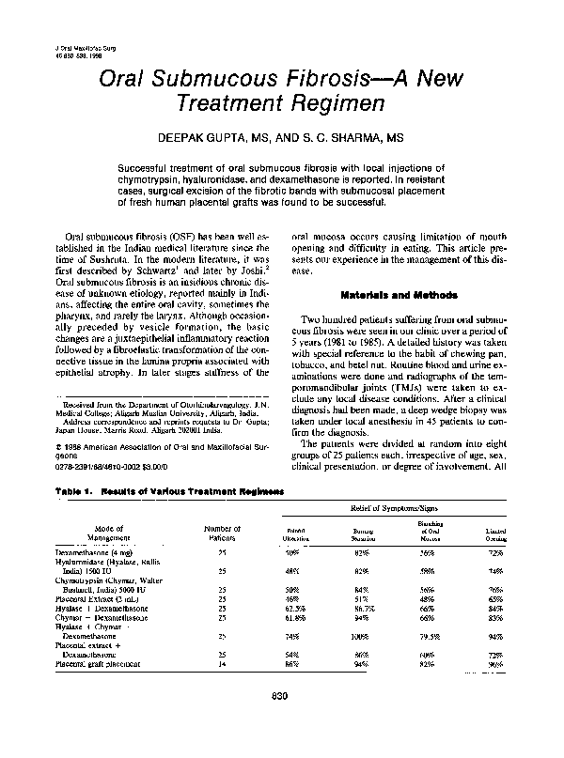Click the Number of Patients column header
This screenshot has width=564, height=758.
click(222, 534)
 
